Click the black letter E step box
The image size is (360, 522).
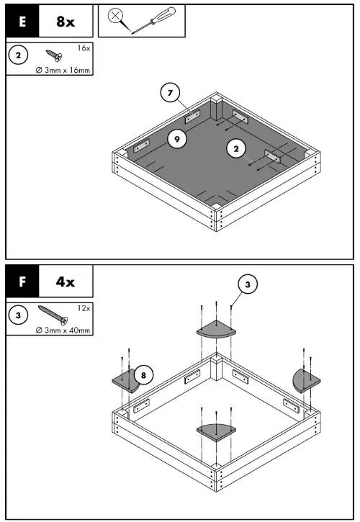point(22,22)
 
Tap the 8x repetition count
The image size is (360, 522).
point(66,22)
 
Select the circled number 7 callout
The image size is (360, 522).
point(169,92)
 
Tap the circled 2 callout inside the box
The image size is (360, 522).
point(234,148)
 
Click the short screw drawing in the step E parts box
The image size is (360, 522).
point(54,55)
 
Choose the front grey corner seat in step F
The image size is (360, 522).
point(215,431)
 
